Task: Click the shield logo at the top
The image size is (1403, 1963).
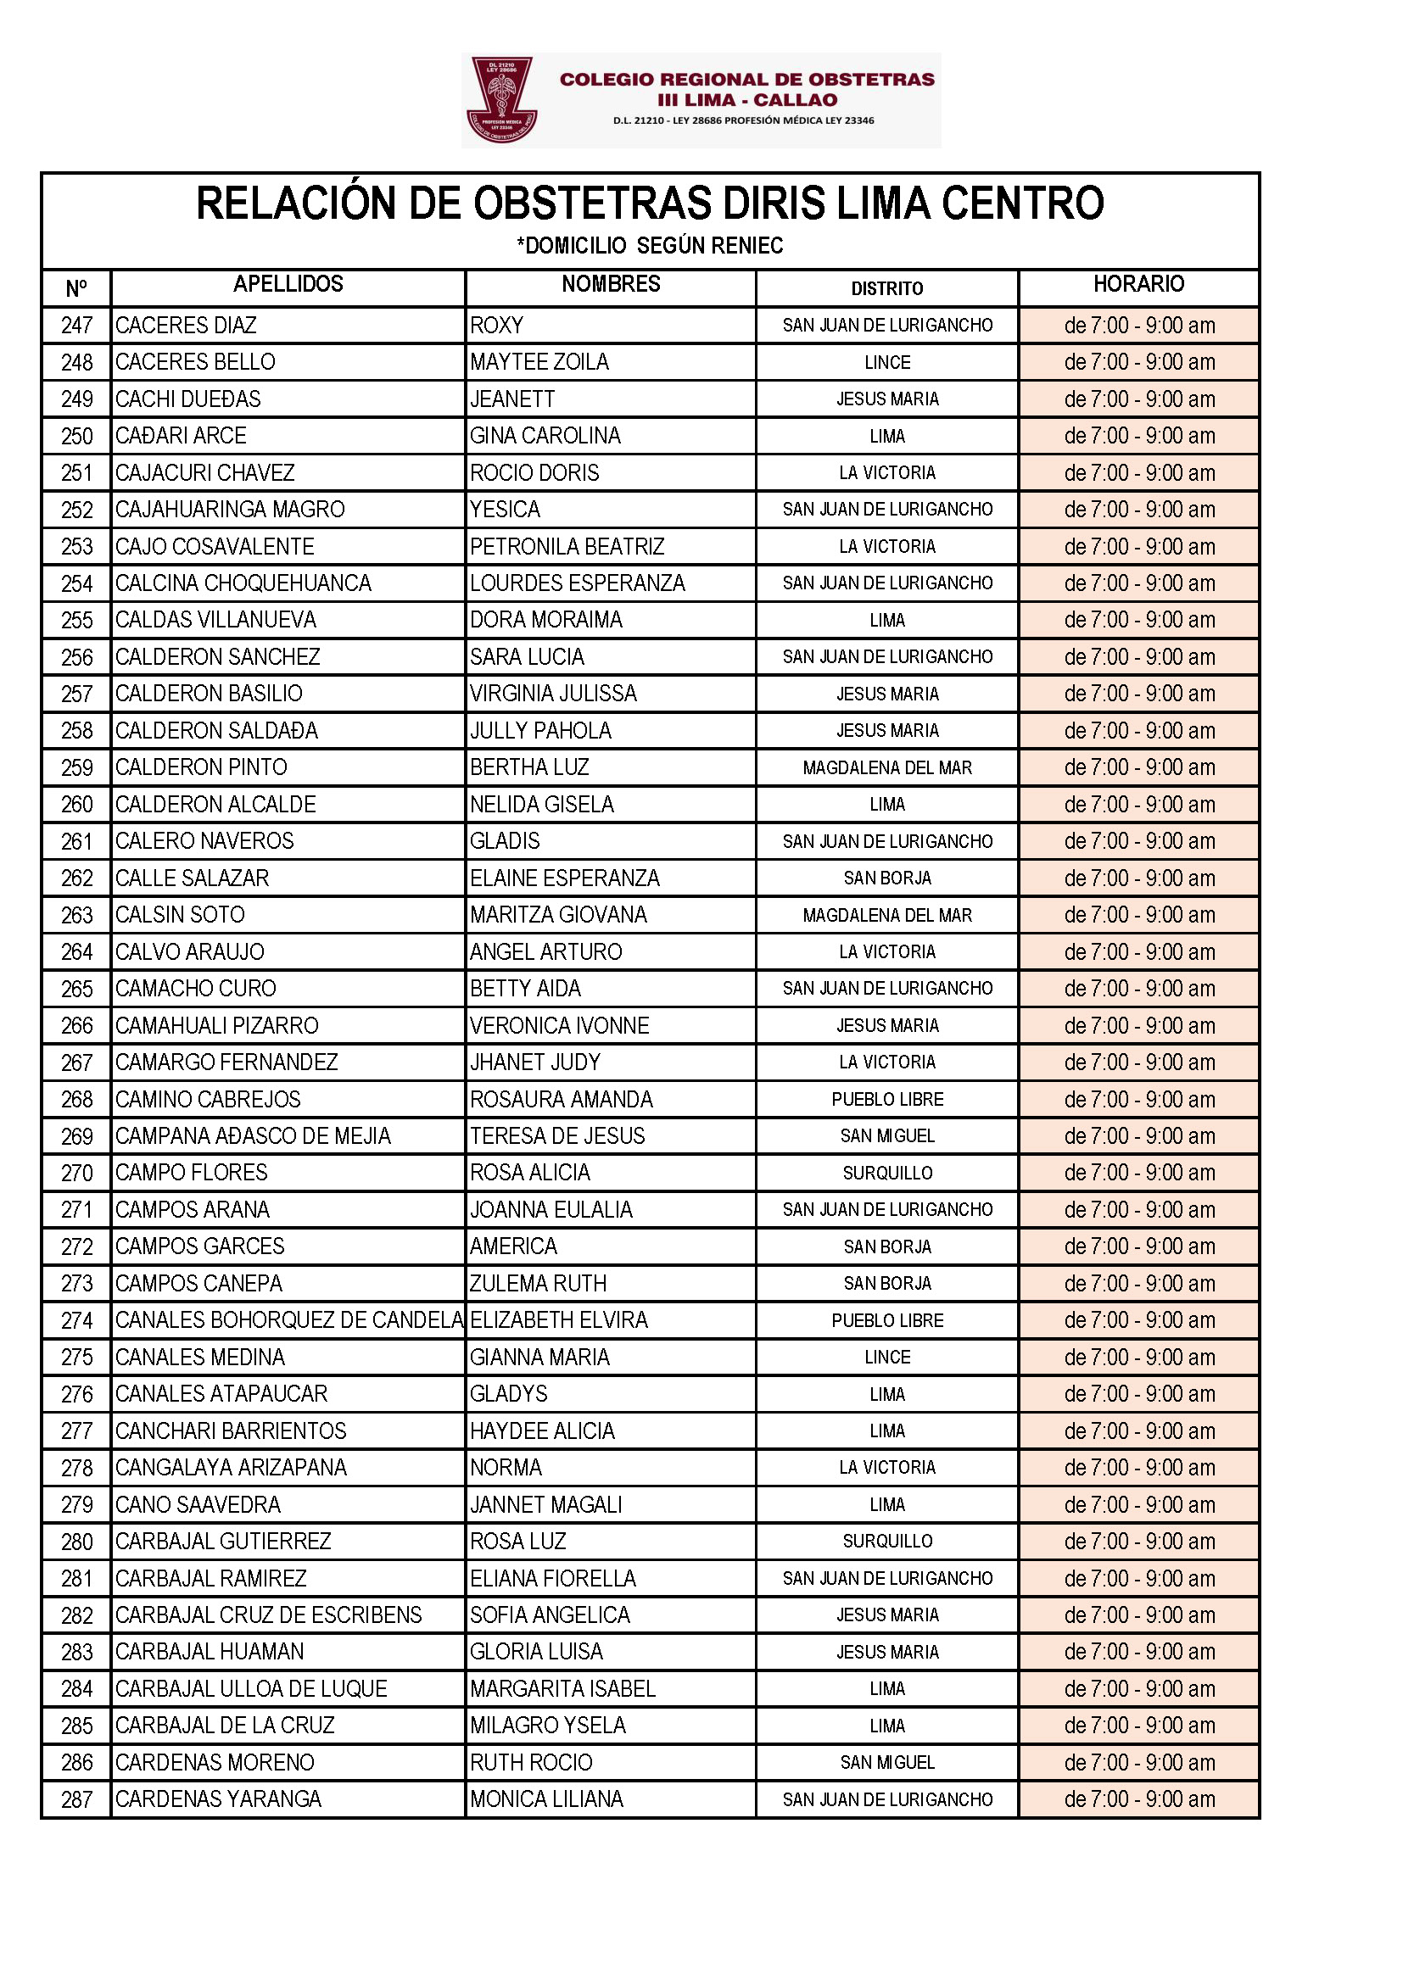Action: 502,100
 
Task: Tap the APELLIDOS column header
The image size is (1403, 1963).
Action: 288,284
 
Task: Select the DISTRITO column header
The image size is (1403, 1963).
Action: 886,288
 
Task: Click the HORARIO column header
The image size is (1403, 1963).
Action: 1137,284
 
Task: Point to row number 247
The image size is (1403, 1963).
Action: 77,326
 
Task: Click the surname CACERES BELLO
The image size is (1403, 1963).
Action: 195,362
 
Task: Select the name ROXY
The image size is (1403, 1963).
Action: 497,326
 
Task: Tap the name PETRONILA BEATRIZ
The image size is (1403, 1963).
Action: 567,547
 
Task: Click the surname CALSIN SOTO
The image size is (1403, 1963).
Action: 180,915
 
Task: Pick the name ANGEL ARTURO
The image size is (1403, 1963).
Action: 545,951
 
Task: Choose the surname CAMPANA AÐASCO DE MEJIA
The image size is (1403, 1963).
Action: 253,1135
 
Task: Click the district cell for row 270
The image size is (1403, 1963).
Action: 887,1173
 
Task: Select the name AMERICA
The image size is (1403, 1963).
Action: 513,1246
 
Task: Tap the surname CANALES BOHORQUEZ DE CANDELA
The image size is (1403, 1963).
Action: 288,1319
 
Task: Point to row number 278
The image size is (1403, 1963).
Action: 77,1467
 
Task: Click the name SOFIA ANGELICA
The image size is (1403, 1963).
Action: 550,1615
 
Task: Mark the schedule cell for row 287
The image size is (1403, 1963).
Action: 1138,1798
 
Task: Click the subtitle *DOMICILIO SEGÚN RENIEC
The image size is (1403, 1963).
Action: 650,246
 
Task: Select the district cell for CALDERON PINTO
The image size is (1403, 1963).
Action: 887,767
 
